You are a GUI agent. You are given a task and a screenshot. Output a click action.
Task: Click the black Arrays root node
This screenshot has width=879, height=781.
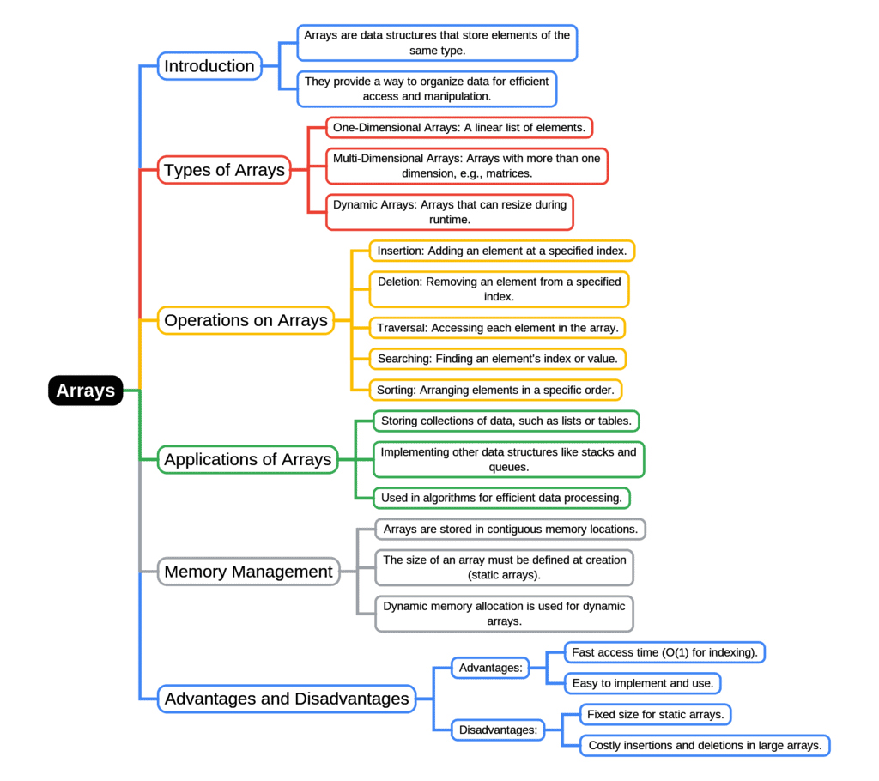click(x=85, y=390)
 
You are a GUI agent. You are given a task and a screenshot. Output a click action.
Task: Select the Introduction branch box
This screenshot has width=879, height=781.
click(x=209, y=66)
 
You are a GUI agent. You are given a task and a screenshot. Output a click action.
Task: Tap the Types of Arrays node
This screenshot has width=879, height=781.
click(x=224, y=170)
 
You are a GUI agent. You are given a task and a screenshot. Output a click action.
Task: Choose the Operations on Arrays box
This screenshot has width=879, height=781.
click(x=246, y=320)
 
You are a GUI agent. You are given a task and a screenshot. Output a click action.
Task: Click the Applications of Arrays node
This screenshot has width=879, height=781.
click(x=247, y=459)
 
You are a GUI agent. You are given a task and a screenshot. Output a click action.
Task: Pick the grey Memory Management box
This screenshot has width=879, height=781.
click(x=248, y=572)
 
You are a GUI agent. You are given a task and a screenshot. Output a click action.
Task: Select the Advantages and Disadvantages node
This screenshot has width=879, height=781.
click(x=287, y=699)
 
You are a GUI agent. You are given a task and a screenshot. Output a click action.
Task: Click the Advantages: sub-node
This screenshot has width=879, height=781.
click(x=490, y=668)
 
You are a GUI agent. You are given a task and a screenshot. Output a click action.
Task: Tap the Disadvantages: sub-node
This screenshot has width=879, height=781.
click(x=498, y=730)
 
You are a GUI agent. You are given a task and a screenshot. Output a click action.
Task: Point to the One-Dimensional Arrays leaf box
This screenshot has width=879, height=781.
click(x=459, y=128)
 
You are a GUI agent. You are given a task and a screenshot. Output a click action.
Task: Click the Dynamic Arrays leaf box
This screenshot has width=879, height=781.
click(x=449, y=212)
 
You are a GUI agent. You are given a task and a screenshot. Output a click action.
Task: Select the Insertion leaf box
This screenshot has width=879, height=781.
click(x=501, y=251)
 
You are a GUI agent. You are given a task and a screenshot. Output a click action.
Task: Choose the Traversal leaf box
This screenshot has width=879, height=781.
click(x=496, y=328)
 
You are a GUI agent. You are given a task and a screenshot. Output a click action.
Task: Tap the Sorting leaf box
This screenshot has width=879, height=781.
click(x=495, y=390)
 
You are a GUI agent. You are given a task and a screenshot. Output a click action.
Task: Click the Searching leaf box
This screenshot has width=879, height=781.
click(x=497, y=358)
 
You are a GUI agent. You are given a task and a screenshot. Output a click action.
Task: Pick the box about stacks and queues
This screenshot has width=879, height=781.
click(x=508, y=459)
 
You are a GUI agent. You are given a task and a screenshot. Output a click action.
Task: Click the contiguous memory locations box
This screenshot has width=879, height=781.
click(x=510, y=529)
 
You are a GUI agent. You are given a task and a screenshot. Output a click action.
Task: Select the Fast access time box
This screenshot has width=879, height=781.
click(x=664, y=652)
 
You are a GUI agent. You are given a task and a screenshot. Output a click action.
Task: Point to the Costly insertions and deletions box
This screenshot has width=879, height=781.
click(x=705, y=745)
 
